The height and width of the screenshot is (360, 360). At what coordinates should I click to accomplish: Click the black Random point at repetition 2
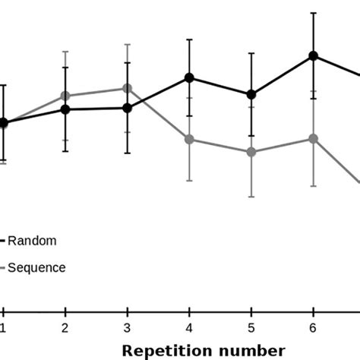tap(65, 109)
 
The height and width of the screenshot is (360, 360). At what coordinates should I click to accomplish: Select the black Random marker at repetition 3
tap(128, 108)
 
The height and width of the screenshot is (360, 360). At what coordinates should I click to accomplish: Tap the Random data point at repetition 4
tap(189, 77)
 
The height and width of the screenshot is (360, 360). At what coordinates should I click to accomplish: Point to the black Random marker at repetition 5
tap(251, 94)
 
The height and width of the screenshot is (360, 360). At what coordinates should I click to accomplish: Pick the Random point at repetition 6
tap(313, 55)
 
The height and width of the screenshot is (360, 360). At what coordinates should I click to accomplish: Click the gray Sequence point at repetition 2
tap(65, 96)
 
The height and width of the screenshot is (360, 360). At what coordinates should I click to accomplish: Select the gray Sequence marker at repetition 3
tap(128, 88)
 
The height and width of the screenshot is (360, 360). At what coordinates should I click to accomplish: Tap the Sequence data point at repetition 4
tap(189, 139)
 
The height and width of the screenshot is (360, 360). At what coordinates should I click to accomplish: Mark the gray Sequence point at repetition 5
tap(251, 152)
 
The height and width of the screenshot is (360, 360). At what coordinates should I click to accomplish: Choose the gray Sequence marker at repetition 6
tap(313, 139)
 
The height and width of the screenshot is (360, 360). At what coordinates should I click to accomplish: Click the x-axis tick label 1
tap(4, 327)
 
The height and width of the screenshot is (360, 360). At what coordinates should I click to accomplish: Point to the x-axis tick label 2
tap(65, 327)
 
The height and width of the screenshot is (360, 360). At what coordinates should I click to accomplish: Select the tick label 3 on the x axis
tap(128, 327)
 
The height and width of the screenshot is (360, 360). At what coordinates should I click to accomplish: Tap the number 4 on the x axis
tap(189, 327)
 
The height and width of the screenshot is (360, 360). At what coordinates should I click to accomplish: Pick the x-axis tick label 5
tap(251, 327)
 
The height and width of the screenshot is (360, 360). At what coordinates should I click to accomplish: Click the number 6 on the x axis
tap(313, 327)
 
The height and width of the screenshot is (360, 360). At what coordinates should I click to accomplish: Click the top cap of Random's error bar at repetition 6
tap(313, 13)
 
